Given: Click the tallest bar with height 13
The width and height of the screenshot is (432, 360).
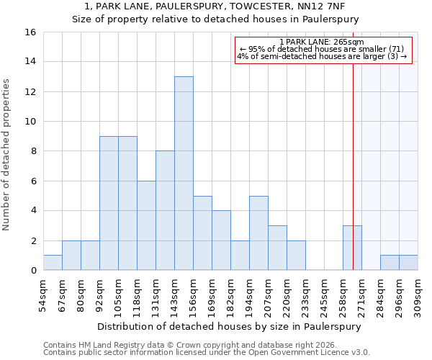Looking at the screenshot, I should point(184,174).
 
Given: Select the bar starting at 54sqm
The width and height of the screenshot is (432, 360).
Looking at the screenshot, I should point(53,263).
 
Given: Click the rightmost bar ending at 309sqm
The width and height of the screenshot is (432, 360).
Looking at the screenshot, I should point(408,263).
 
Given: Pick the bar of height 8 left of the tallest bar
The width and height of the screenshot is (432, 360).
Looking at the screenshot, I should point(165,210).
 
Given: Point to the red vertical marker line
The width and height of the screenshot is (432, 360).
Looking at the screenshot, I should point(354,144).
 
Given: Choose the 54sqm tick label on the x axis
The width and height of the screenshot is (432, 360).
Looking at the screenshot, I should point(43,295).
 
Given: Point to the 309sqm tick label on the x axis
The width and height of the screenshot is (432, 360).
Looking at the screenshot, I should point(418,295).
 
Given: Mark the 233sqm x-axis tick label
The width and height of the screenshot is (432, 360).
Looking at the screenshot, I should point(305,295).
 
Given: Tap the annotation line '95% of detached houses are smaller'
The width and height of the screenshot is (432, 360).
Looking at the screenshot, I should point(323,49).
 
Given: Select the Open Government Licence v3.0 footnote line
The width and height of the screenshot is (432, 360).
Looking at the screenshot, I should point(207,352).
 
